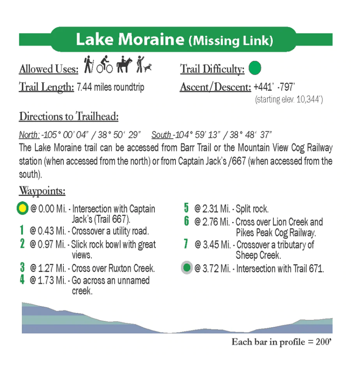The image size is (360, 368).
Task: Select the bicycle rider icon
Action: (x=105, y=65)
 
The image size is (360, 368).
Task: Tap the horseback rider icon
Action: (x=124, y=65)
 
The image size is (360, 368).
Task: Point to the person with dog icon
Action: (x=144, y=65)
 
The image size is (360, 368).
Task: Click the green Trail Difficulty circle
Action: (x=255, y=68)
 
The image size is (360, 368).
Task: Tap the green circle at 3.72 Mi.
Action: (x=187, y=268)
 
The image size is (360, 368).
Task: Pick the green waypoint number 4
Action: (x=22, y=280)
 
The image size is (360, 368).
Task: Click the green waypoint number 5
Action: (x=187, y=208)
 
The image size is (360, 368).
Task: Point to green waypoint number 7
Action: (x=187, y=244)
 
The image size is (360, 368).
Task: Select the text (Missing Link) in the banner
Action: (x=231, y=40)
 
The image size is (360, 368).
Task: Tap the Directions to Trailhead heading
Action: (x=69, y=116)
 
